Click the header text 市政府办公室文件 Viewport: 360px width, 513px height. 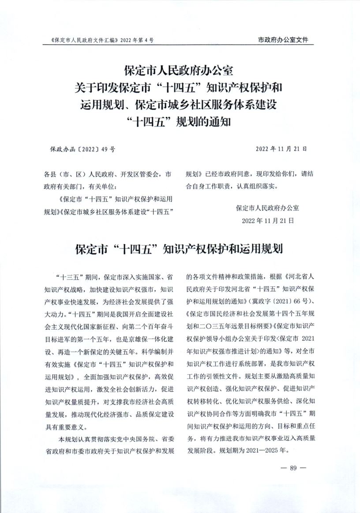[x=283, y=40]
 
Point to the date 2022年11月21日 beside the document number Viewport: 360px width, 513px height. [x=281, y=149]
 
